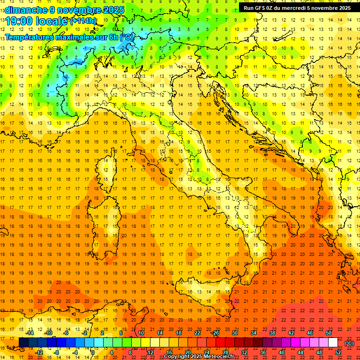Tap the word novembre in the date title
pos(77,10)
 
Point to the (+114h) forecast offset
pos(83,21)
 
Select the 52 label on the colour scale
pos(338,352)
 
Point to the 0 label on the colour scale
pos(92,352)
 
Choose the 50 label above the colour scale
pos(328,333)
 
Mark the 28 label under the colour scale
pos(225,352)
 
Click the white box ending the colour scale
pos(333,343)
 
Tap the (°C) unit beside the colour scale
pos(350,343)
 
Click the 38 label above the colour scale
pos(272,333)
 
